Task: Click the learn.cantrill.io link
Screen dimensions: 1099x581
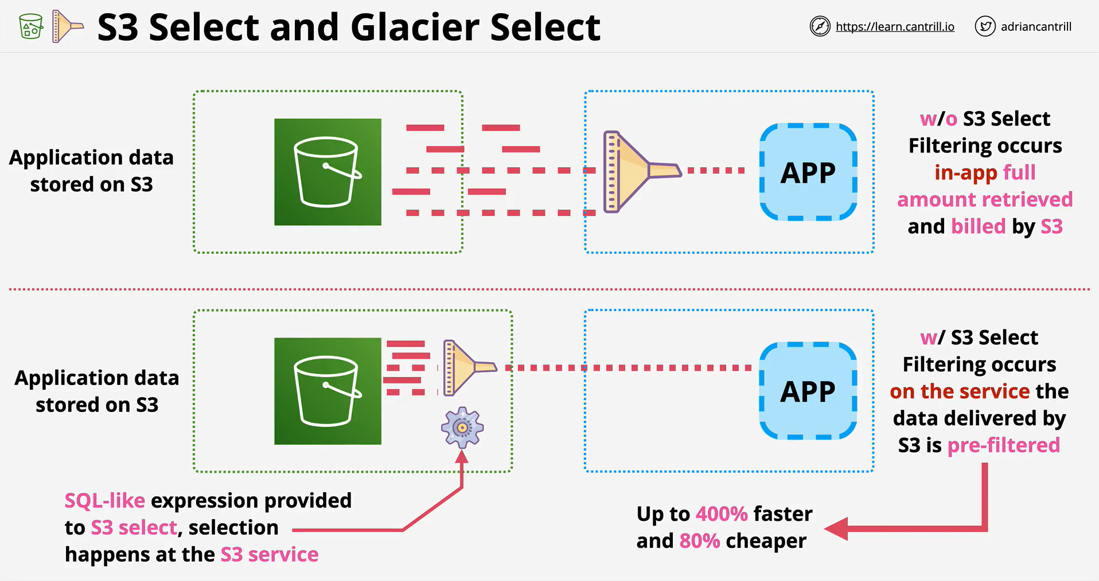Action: tap(895, 27)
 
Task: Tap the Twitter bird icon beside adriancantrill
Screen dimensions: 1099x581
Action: tap(985, 26)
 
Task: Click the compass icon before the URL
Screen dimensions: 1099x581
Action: tap(820, 26)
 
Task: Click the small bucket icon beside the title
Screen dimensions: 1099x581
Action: tap(31, 27)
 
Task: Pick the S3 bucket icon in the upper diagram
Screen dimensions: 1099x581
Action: tap(328, 172)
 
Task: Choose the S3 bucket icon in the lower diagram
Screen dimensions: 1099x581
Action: tap(328, 391)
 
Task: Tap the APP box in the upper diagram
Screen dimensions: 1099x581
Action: tap(808, 172)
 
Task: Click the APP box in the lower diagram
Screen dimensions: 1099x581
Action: tap(808, 391)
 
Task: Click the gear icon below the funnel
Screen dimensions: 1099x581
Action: tap(462, 427)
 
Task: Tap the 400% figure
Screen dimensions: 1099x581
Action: tap(722, 514)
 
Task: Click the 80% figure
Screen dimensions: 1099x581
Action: tap(699, 541)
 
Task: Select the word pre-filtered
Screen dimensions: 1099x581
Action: tap(1004, 445)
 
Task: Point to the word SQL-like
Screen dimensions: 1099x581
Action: tap(104, 501)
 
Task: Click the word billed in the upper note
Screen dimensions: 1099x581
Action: tap(979, 226)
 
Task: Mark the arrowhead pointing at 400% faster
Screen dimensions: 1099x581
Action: tap(836, 528)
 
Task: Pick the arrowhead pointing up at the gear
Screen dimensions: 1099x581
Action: tap(462, 456)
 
